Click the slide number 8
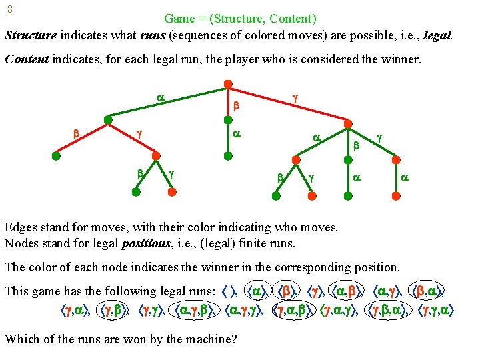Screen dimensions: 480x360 pos(9,10)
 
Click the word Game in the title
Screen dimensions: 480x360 pos(179,18)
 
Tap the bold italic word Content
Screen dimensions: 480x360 pos(27,59)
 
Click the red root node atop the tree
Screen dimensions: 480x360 pos(227,85)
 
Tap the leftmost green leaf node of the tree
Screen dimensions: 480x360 pos(56,157)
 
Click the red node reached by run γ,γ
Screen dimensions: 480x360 pos(397,159)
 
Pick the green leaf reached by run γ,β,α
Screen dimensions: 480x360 pos(347,195)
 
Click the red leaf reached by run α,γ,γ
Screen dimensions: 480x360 pos(172,191)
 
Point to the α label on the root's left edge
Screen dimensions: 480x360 pos(161,98)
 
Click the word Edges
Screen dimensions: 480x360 pos(20,227)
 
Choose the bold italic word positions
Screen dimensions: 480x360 pos(143,243)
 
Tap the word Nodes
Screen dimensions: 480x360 pos(20,243)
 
